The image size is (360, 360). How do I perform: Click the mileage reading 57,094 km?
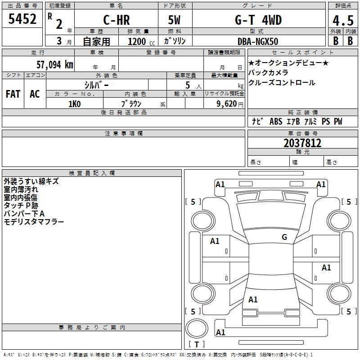point(54,65)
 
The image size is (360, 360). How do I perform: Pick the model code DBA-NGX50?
point(258,41)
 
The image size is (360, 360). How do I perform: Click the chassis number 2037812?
point(302,143)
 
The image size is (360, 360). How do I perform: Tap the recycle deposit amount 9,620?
point(229,103)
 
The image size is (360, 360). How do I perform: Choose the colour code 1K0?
point(74,103)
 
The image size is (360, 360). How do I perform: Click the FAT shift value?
point(13,94)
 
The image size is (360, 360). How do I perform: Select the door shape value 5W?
point(175,21)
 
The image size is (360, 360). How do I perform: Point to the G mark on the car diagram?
point(284,237)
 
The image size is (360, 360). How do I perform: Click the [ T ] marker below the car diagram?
point(197,345)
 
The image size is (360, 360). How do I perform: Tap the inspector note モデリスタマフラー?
point(34,221)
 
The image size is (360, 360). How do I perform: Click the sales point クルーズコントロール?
point(282,83)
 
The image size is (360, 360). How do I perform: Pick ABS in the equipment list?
point(276,121)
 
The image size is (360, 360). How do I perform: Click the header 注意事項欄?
point(124,134)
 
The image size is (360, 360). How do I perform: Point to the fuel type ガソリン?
point(175,41)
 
